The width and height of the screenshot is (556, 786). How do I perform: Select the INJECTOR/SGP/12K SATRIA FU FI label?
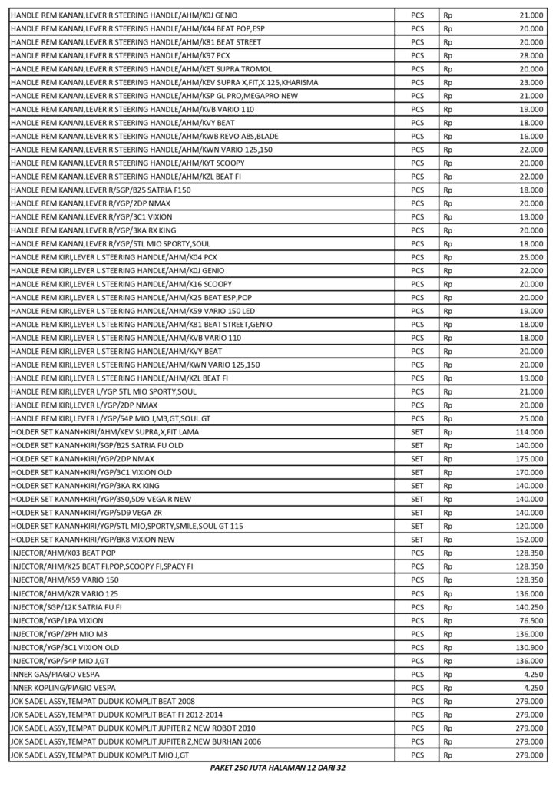pos(66,606)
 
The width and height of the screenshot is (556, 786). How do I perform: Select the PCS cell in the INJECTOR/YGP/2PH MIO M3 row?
pos(418,633)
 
